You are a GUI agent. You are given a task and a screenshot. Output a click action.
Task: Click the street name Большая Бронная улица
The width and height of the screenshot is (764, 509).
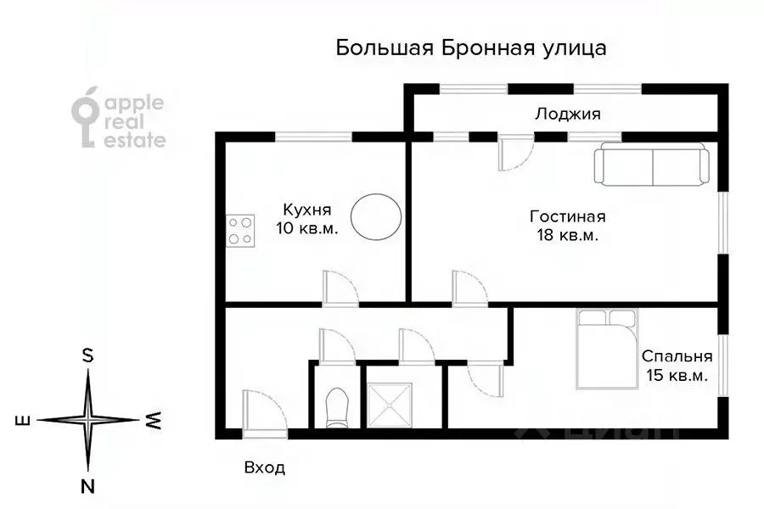click(471, 48)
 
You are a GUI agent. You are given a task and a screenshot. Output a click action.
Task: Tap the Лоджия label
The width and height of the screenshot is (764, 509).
click(567, 115)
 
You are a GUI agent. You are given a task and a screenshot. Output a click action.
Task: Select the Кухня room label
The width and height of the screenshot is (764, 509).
click(306, 209)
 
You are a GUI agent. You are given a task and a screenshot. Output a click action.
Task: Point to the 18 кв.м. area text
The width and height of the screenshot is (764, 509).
click(567, 236)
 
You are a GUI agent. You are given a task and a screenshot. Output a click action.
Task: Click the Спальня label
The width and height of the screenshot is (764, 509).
click(677, 356)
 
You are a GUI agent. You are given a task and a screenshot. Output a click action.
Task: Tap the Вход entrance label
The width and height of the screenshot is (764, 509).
click(264, 467)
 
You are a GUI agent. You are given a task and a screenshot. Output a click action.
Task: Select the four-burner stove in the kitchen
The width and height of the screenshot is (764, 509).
click(240, 229)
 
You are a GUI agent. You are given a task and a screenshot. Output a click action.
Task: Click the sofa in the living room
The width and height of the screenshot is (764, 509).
click(652, 165)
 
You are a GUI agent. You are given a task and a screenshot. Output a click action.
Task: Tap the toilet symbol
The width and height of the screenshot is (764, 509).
click(337, 406)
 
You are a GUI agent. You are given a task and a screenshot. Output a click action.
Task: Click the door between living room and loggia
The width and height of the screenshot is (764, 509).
click(514, 154)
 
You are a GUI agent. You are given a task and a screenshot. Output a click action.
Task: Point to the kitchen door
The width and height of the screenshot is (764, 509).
click(340, 288)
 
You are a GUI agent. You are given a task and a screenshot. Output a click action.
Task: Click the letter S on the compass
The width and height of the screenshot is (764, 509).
click(87, 355)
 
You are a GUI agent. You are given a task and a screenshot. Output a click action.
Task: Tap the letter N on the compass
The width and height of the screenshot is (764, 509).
click(87, 486)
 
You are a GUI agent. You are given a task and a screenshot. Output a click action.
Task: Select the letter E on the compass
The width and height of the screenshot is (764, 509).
click(23, 420)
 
